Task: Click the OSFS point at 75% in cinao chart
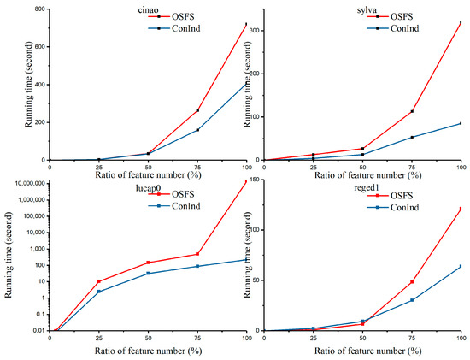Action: pos(197,110)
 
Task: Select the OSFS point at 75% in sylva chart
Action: pos(412,111)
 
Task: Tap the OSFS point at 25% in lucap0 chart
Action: pos(99,281)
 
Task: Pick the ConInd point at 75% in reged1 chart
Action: pos(412,300)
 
